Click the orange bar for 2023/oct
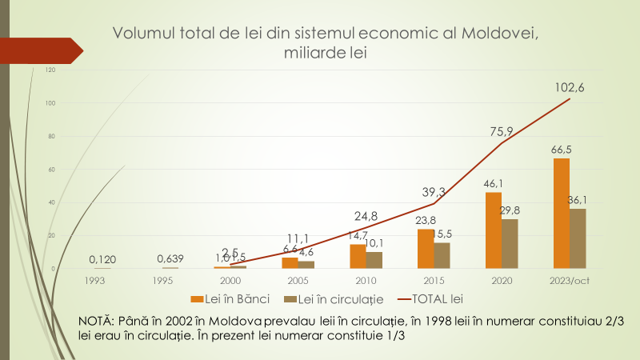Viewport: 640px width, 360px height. (x=562, y=213)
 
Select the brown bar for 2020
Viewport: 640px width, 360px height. (x=510, y=243)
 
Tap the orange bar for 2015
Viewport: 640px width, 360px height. (x=424, y=248)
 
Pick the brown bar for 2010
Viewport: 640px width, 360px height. (x=374, y=259)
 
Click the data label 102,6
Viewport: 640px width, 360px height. (x=569, y=88)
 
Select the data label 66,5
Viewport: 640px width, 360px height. (x=562, y=150)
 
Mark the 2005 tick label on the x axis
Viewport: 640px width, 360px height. (x=298, y=281)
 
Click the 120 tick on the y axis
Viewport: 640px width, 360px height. (x=50, y=70)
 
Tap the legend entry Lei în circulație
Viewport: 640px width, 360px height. (x=337, y=298)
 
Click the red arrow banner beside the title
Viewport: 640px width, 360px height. (x=44, y=50)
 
